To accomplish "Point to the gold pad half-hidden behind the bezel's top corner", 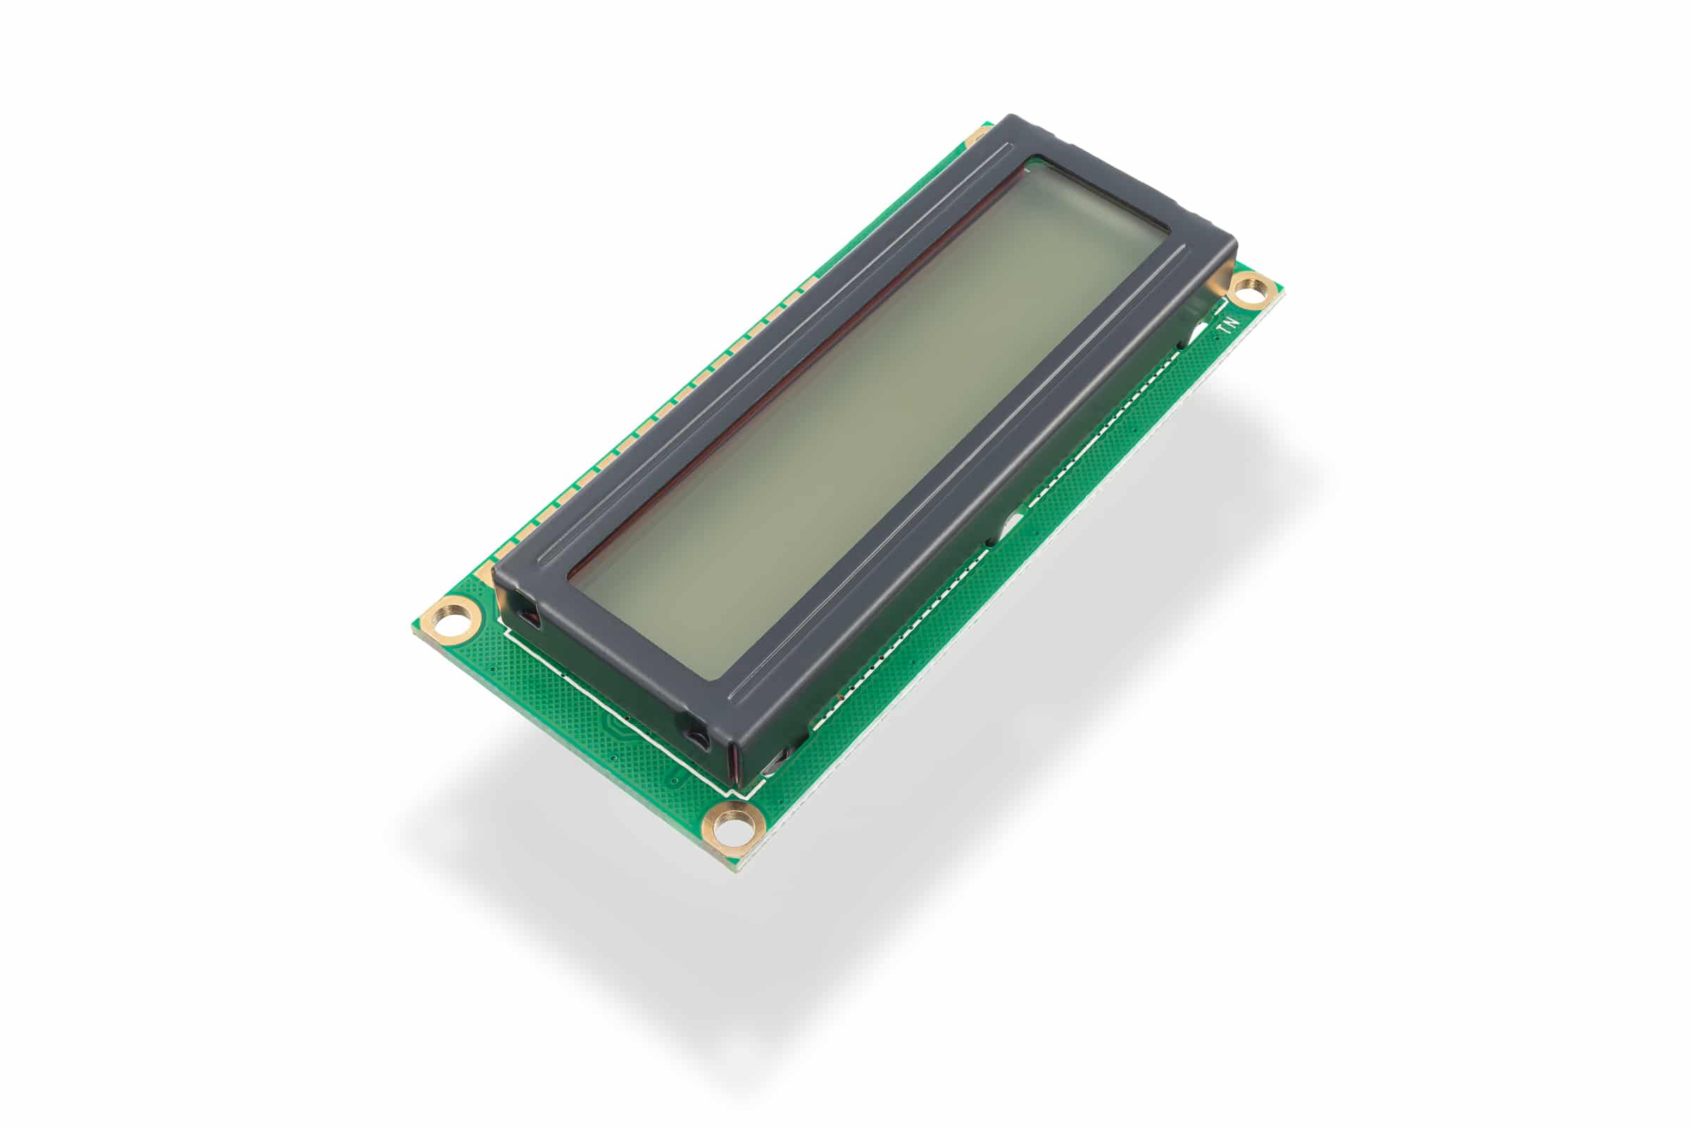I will point(979,135).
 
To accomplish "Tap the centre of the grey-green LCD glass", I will point(870,417).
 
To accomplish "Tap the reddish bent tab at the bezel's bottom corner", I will point(734,762).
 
